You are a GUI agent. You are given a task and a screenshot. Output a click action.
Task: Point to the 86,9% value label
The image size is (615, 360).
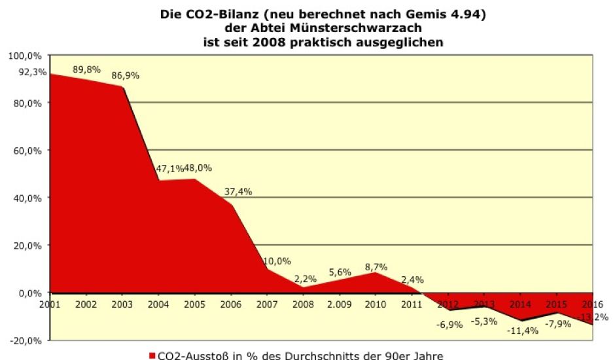click(126, 75)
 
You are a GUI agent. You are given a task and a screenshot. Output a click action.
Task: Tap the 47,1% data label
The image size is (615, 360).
click(169, 168)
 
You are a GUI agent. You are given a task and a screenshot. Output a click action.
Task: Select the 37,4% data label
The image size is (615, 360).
click(239, 192)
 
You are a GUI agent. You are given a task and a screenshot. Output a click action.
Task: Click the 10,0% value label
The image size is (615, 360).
click(277, 261)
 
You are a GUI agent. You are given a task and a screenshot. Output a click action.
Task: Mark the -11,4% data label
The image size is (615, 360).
click(523, 330)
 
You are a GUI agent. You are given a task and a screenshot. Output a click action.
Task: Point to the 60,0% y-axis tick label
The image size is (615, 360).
click(26, 151)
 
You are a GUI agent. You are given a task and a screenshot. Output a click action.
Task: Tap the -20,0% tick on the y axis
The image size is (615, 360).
click(25, 340)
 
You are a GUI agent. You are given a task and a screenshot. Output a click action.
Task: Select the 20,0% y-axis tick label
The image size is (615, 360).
click(26, 245)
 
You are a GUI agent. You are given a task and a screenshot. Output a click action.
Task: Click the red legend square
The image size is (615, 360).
click(152, 355)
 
